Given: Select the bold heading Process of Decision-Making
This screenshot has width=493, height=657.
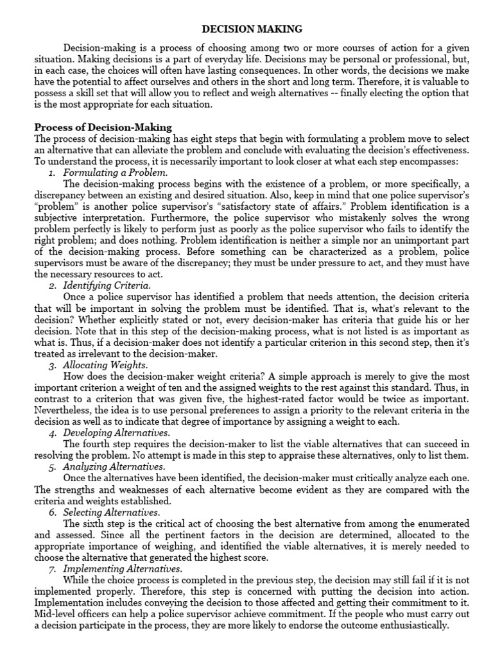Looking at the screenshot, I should tap(103, 127).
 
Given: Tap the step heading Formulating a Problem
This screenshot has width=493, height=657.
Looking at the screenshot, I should tap(116, 173).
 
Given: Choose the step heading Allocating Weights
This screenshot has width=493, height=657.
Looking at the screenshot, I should tap(105, 365).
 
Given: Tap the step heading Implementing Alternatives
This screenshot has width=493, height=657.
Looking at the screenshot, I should tap(123, 569).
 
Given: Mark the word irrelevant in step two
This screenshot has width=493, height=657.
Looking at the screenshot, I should tap(105, 354).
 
